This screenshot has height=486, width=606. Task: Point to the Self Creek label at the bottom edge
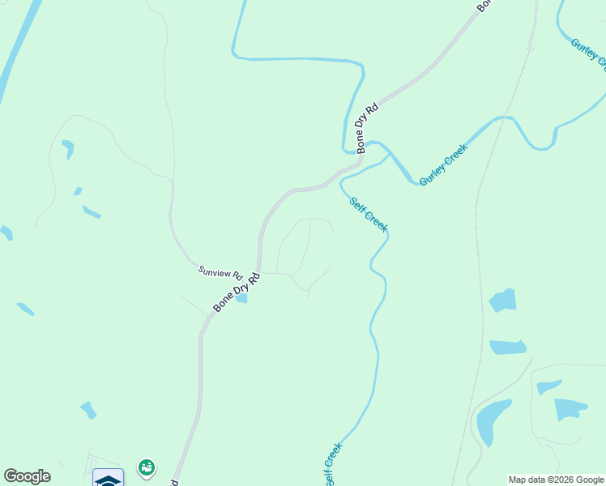(x=333, y=464)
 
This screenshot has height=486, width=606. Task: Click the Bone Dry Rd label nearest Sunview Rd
(x=237, y=292)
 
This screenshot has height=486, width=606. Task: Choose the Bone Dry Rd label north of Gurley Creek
(x=367, y=128)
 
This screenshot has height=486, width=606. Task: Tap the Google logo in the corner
(x=27, y=476)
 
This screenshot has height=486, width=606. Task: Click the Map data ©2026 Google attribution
(x=556, y=480)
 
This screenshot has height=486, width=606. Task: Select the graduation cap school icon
(x=108, y=478)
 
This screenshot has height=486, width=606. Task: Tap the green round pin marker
(x=147, y=467)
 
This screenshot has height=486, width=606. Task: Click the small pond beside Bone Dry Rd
(x=241, y=298)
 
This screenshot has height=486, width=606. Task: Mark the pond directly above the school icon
(x=88, y=410)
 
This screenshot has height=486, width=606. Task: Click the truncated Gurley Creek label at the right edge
(x=588, y=53)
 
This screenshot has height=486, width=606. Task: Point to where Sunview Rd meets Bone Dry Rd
(x=258, y=272)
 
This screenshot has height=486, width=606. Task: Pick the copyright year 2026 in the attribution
(x=565, y=480)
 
